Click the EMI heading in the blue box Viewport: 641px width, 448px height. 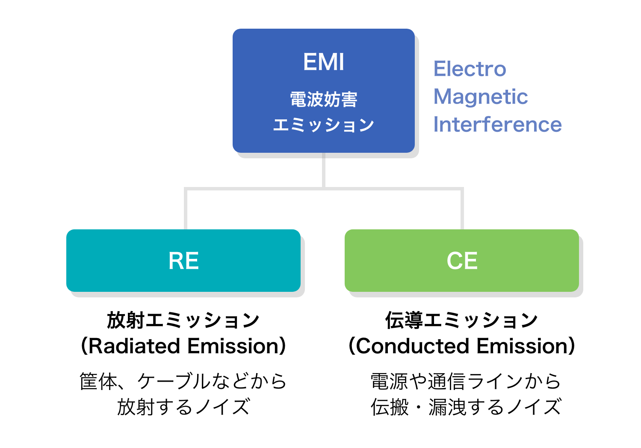[x=323, y=62]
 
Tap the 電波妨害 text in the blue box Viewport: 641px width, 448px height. [x=323, y=99]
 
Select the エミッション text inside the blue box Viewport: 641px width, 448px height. [x=323, y=125]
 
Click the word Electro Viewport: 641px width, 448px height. [x=470, y=69]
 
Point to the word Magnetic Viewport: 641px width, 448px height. [x=480, y=97]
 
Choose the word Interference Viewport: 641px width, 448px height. [x=497, y=125]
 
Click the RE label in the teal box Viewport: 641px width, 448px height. [x=183, y=261]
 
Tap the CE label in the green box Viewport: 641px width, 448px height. [x=462, y=261]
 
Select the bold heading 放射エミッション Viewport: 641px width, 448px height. [x=183, y=320]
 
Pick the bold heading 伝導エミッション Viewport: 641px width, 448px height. [x=461, y=320]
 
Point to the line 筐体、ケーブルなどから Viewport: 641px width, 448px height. [x=183, y=381]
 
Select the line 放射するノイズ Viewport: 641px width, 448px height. [x=183, y=407]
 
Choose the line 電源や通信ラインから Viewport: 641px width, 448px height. [x=466, y=381]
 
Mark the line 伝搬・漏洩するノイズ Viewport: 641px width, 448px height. [x=466, y=407]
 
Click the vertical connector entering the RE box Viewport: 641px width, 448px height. [x=186, y=210]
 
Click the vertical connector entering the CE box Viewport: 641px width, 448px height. [x=462, y=210]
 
